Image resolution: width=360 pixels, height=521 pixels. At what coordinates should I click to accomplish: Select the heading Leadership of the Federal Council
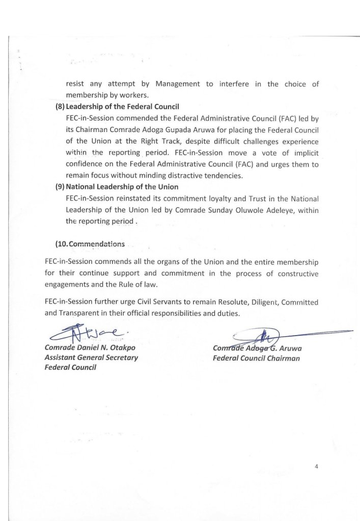[122, 106]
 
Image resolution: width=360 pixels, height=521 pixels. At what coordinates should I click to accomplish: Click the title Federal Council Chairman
[256, 358]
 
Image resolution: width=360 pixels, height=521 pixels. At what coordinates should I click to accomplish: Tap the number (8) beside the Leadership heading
[60, 106]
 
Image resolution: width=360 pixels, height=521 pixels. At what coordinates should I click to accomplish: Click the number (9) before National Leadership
[60, 186]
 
